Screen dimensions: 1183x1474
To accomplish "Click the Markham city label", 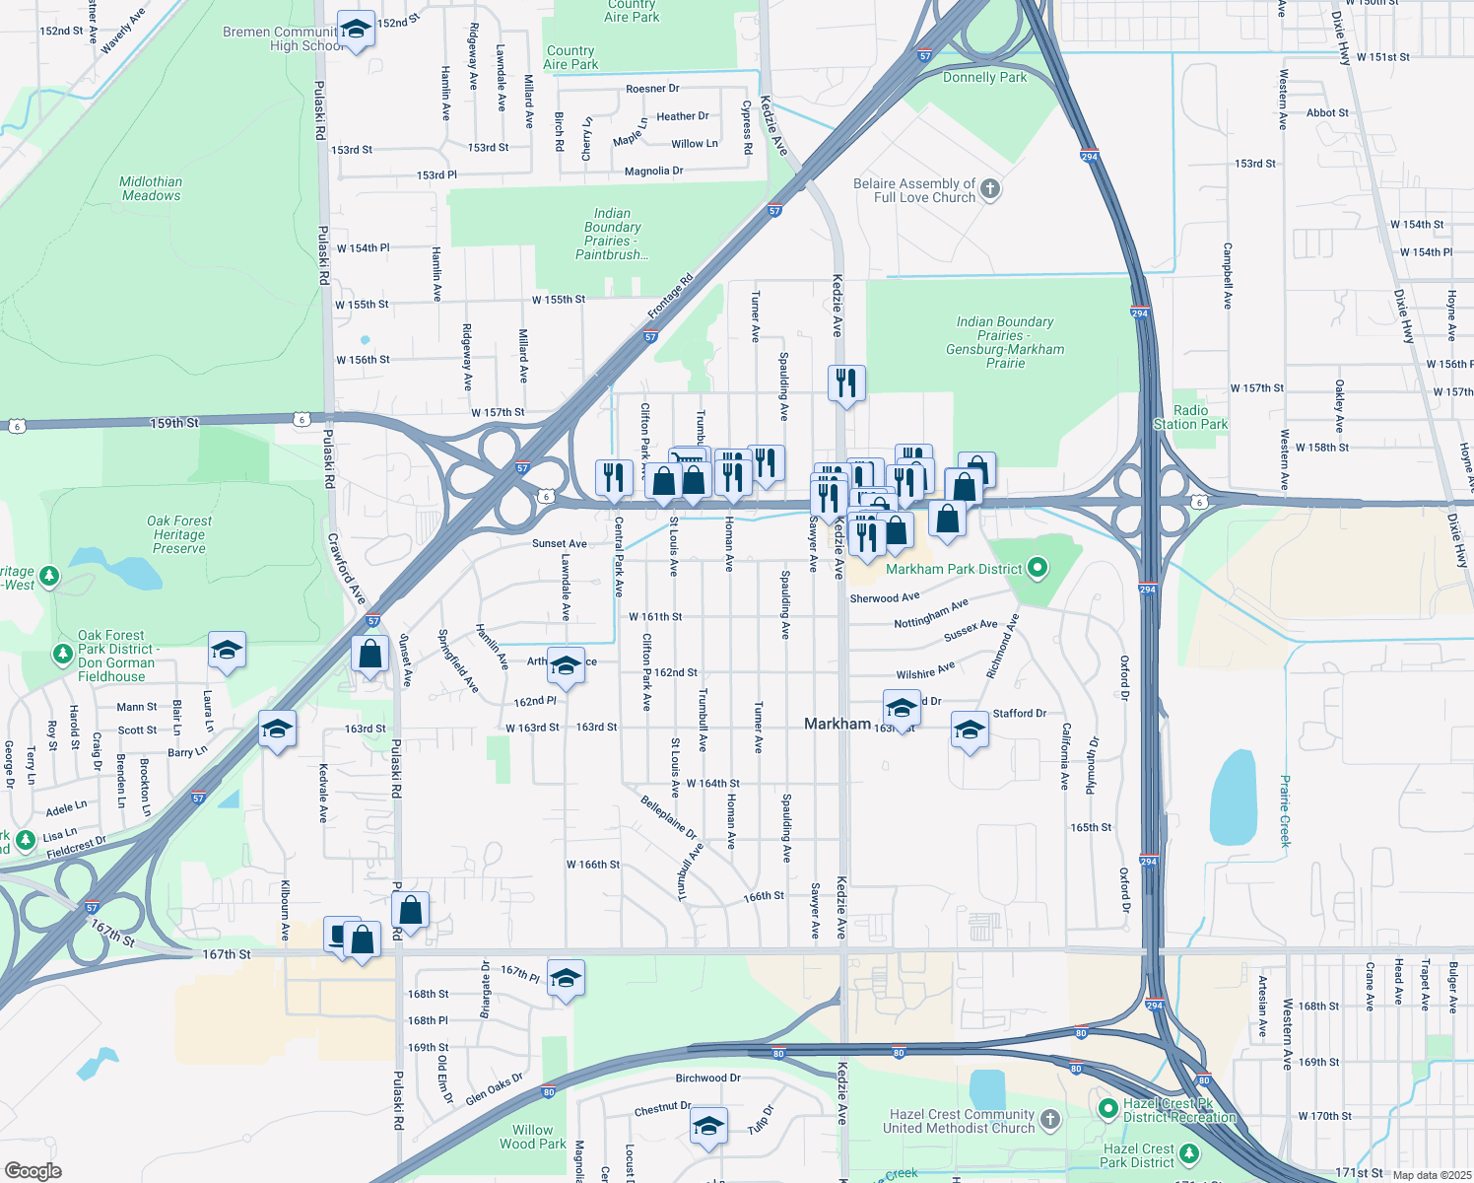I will [x=837, y=724].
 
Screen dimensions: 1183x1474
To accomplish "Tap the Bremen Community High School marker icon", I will [x=356, y=30].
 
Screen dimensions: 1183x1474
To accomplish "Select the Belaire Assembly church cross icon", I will [x=990, y=188].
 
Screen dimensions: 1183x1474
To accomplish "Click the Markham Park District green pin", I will [x=1037, y=567].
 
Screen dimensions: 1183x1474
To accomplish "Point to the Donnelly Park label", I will [x=984, y=77].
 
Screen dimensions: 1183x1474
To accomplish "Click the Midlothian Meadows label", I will [x=151, y=188].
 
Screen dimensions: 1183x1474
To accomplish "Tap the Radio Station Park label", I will [x=1190, y=417].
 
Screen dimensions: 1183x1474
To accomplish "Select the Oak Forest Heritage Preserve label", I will [x=178, y=534].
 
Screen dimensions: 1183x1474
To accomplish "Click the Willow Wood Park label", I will [x=532, y=1137].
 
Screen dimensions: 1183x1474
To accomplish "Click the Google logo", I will [x=33, y=1170].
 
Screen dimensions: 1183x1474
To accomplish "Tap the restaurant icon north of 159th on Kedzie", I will [x=846, y=383].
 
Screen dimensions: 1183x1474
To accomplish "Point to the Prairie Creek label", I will [x=1285, y=810].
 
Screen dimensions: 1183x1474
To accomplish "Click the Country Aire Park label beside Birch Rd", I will [x=570, y=57].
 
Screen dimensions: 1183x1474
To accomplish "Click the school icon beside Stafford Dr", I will [x=970, y=731].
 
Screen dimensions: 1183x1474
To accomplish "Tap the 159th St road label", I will [x=174, y=423].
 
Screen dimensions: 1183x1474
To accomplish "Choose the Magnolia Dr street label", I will [x=653, y=172].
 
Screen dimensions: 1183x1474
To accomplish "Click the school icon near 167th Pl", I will [x=566, y=978].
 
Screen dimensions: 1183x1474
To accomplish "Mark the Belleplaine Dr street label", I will [x=668, y=817].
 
